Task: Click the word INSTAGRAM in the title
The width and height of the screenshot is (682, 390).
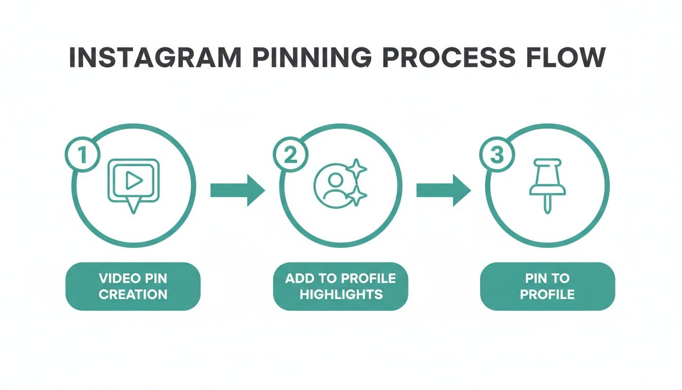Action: point(155,58)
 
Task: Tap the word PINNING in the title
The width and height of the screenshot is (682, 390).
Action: point(310,58)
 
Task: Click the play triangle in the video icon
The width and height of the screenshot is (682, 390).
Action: point(133,180)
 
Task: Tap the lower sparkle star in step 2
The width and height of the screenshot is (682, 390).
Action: point(358,196)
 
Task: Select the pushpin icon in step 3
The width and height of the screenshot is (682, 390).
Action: point(548,183)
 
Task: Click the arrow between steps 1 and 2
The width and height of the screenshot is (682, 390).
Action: point(237,190)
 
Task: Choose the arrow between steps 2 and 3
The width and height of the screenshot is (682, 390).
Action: point(444,190)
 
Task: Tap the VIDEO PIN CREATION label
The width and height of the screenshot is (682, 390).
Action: point(133,286)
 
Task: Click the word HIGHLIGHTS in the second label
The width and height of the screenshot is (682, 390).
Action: point(340,294)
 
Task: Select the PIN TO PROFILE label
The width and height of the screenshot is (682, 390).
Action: point(547,286)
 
